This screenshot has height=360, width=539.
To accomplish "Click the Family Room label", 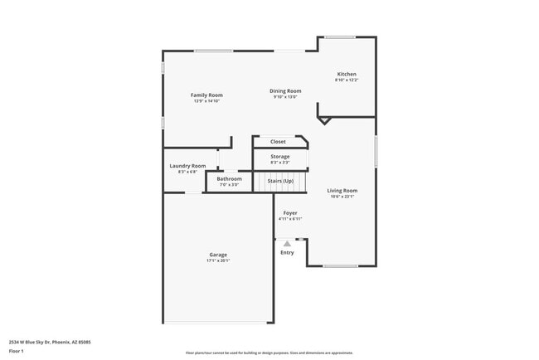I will click(x=206, y=95).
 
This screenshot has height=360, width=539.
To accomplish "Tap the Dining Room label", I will click(x=285, y=90).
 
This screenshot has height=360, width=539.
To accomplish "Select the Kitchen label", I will click(x=347, y=74).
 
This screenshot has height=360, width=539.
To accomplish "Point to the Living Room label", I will click(x=342, y=191).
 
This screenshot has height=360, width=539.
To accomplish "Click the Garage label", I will click(x=218, y=255).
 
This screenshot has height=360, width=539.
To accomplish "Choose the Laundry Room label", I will click(x=187, y=166).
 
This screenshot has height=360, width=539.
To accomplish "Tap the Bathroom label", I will click(x=230, y=178).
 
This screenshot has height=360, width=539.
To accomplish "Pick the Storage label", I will click(x=280, y=156).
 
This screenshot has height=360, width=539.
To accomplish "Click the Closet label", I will click(x=278, y=142).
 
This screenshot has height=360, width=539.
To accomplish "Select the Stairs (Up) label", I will click(x=280, y=181).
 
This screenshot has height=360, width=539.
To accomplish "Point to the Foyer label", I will click(x=290, y=213).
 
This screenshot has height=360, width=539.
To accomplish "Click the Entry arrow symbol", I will click(x=288, y=243).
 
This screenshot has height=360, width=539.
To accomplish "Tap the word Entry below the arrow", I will click(x=287, y=253).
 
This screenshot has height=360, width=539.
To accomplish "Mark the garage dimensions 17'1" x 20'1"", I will click(x=218, y=260).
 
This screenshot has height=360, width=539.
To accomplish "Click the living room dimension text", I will click(x=342, y=197).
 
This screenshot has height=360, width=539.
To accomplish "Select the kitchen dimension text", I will click(x=347, y=80).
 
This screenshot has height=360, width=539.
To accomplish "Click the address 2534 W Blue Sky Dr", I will click(x=50, y=342).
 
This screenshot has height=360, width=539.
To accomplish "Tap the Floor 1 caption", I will click(x=17, y=351).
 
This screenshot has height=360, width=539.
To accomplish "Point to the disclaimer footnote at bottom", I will click(x=269, y=353).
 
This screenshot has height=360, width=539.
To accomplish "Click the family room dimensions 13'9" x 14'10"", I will click(x=206, y=101).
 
